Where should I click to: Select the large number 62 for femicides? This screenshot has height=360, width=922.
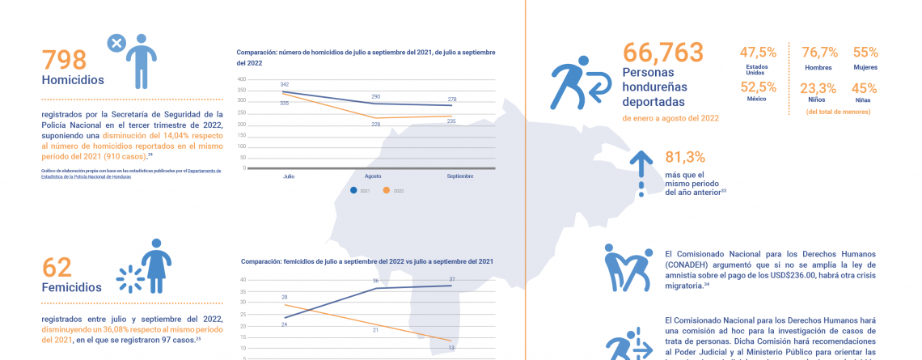tap(57, 266)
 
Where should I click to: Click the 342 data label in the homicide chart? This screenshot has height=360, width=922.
tap(285, 84)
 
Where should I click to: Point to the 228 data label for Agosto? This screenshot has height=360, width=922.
tap(375, 124)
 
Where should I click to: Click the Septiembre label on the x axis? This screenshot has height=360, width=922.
tap(461, 175)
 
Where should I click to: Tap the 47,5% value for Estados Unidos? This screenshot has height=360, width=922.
tap(758, 53)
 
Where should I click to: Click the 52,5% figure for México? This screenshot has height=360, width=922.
tap(758, 87)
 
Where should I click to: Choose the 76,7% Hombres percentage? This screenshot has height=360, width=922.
tap(818, 53)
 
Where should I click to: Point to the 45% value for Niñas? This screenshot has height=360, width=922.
tap(865, 88)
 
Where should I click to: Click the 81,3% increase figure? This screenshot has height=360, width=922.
tap(685, 158)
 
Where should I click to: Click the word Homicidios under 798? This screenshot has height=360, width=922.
tap(74, 80)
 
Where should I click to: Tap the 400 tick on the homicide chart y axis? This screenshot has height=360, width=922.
tap(241, 79)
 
